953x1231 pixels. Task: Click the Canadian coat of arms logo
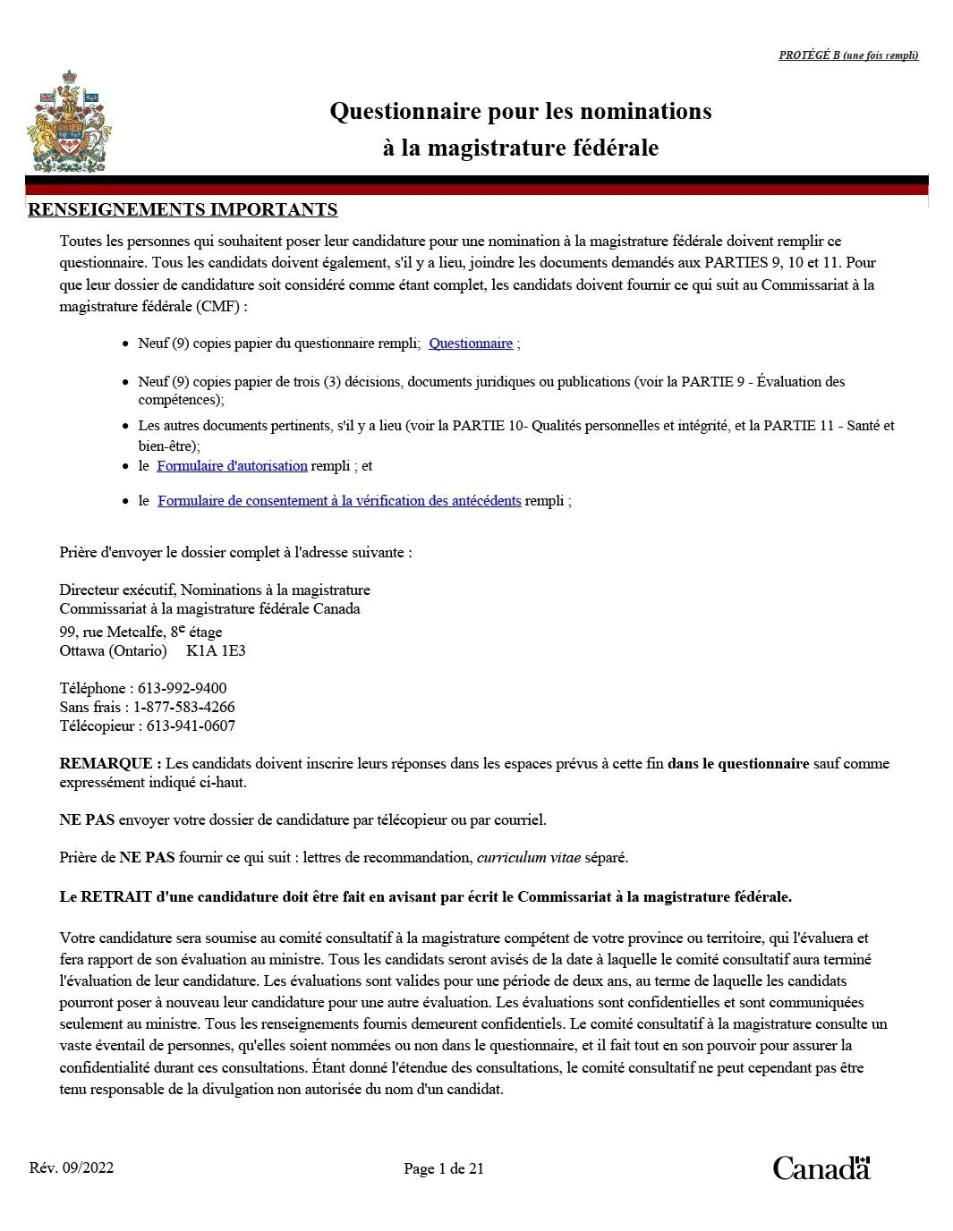pos(69,122)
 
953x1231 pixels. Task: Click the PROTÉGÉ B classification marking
pos(847,55)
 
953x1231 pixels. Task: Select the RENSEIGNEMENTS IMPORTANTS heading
pos(183,210)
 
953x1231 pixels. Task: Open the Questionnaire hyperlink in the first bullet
pos(471,344)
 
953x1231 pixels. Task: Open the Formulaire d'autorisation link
pos(232,466)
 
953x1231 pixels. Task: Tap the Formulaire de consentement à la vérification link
pos(339,501)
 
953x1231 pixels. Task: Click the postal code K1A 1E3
pos(216,651)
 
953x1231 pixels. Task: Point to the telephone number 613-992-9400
pos(182,689)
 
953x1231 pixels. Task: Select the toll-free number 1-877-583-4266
pos(184,708)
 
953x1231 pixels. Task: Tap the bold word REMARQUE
pos(106,764)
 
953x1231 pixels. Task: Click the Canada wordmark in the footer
pos(821,1167)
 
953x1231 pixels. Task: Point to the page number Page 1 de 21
pos(444,1169)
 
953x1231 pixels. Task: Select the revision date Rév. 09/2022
pos(72,1168)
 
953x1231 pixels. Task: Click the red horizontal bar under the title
pos(476,189)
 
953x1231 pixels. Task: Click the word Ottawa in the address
pos(82,651)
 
